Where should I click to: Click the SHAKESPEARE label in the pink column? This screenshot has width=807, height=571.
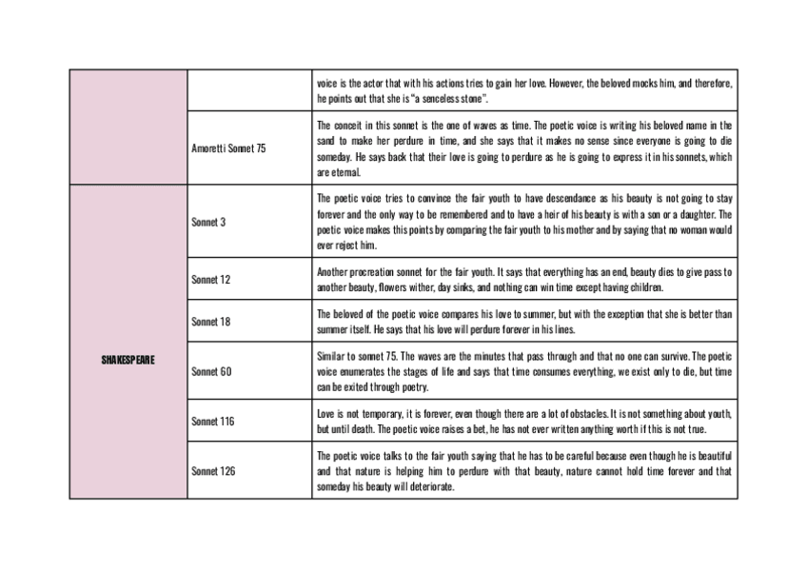[128, 360]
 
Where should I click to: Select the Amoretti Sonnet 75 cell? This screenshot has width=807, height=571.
[228, 148]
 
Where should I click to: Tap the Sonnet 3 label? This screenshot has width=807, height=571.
[208, 222]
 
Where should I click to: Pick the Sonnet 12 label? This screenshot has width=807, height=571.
[210, 280]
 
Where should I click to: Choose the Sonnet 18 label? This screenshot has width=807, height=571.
[210, 322]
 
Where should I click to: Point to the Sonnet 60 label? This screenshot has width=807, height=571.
[210, 371]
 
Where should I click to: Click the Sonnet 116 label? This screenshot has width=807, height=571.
[212, 421]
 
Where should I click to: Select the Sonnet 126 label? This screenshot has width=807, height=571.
[212, 470]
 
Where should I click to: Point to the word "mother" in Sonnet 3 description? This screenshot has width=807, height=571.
[569, 229]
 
